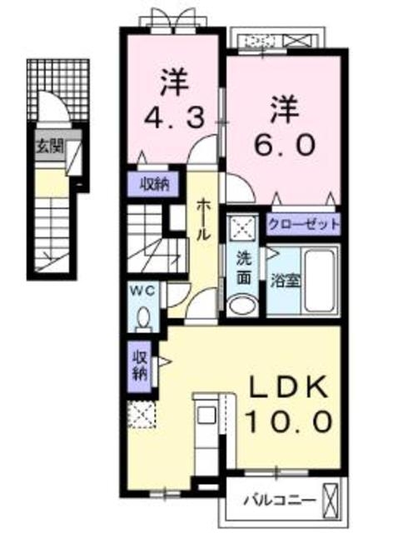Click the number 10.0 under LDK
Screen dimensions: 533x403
286,418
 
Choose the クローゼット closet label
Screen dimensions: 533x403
303,224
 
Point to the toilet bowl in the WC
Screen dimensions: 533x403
145,317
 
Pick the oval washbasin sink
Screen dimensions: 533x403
242,306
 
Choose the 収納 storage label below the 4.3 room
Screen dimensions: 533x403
154,184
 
